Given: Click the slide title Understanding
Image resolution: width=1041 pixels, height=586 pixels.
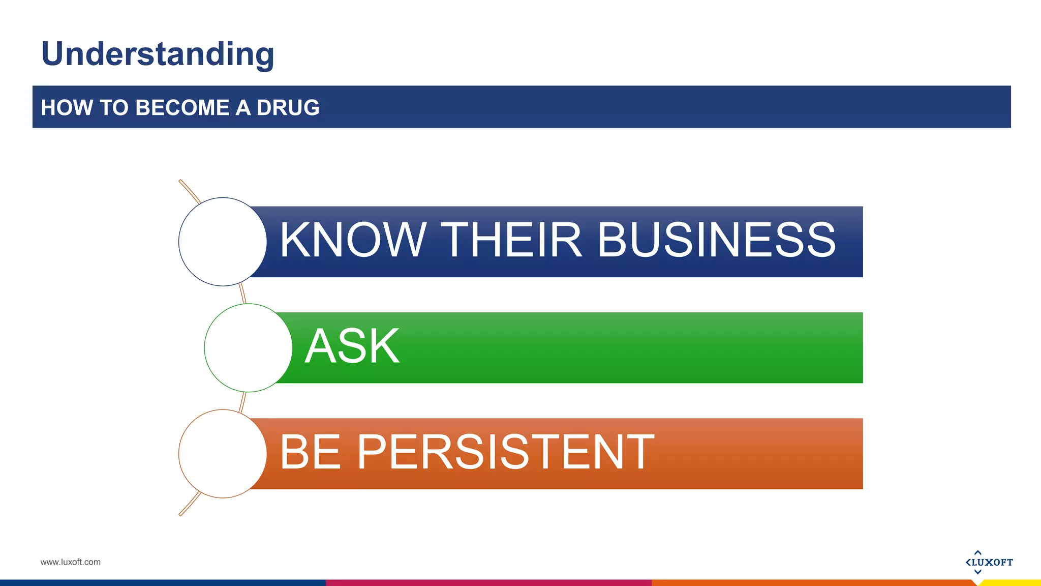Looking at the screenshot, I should pos(158,54).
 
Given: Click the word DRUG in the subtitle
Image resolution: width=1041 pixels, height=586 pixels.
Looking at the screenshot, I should pos(288,108).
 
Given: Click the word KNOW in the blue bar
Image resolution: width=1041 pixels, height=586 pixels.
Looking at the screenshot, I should pos(352,240).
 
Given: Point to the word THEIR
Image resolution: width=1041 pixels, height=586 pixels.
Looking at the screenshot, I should pos(510,240).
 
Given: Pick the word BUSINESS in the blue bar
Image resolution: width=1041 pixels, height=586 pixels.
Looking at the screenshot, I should pos(716,240).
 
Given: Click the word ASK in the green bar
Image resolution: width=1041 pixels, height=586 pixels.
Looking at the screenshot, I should pos(352,346).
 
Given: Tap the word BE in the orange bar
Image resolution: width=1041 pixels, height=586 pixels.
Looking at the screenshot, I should pos(310,452).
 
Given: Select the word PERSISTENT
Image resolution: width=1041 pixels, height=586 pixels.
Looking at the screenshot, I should pos(505,452).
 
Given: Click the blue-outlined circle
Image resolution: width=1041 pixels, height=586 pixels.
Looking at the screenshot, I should pos(223,242).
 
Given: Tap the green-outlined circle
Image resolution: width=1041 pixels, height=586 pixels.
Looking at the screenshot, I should pos(248,348).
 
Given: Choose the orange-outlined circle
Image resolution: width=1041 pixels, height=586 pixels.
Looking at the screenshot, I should pos(223,454).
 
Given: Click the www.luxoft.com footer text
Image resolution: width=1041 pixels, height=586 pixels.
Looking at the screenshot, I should pos(70,562).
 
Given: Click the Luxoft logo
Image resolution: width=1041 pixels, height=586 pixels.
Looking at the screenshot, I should pos(989,562).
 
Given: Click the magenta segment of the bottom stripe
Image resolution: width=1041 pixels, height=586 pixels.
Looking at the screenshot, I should pos(488,583).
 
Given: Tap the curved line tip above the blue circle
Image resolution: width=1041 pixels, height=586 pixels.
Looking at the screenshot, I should pos(181,182).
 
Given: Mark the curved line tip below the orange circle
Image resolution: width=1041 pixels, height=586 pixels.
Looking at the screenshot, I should pos(181,513).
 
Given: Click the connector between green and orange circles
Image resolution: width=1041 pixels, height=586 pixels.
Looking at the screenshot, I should pos(242,402).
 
